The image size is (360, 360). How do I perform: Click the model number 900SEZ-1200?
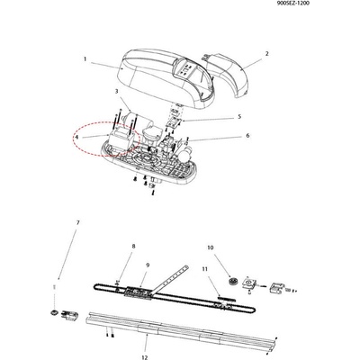point(293,4)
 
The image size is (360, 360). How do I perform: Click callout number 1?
point(85,59)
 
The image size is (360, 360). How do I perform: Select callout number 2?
point(266,54)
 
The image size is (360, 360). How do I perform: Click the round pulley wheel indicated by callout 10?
point(233,282)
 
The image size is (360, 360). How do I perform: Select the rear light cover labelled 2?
point(227,75)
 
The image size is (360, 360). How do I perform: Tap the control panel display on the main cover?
point(185,69)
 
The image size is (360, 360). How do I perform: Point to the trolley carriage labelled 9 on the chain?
point(139,292)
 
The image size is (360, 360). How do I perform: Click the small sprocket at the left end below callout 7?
point(54,312)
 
